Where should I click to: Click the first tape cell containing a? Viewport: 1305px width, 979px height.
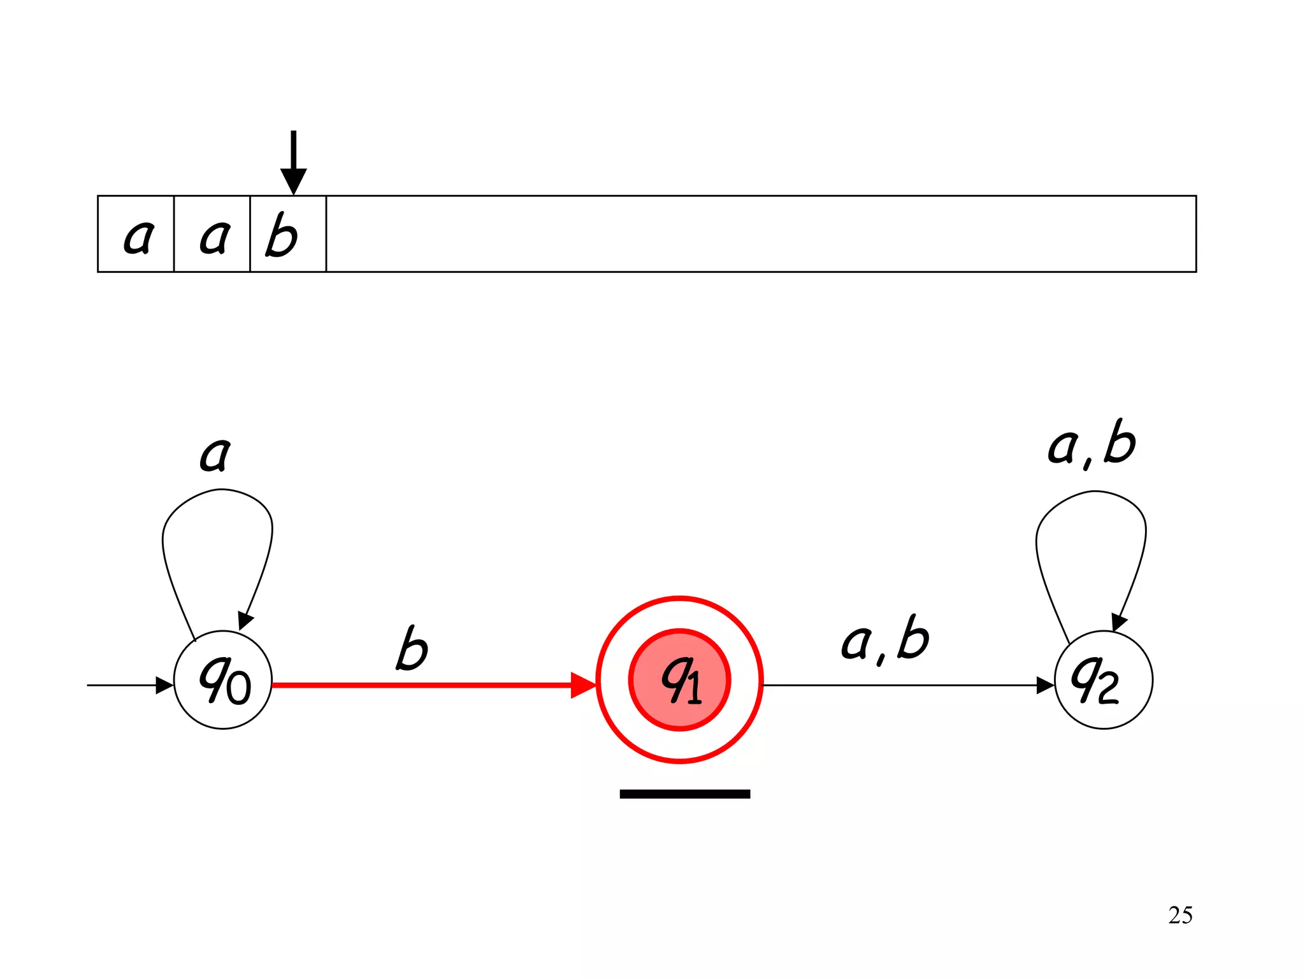tap(136, 235)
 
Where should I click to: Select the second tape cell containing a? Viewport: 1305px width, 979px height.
tap(212, 235)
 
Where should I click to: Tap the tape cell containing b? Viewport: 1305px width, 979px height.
tap(288, 235)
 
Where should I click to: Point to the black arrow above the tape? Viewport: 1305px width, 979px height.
tap(293, 163)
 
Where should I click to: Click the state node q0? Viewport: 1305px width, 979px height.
tap(223, 680)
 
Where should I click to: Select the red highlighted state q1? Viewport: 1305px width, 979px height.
tap(679, 680)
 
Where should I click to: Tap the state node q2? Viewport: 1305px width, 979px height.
tap(1103, 680)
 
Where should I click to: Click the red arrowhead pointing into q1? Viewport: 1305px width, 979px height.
tap(582, 685)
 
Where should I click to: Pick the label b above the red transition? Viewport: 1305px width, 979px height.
tap(412, 648)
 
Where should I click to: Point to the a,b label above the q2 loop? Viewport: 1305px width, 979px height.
tap(1092, 444)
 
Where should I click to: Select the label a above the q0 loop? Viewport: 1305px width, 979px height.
tap(215, 454)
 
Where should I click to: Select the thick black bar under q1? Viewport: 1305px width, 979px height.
tap(684, 794)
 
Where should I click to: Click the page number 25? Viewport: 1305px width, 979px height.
tap(1180, 915)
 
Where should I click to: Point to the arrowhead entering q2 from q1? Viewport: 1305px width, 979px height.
tap(1045, 685)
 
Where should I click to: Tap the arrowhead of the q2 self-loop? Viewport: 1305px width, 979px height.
tap(1119, 622)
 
